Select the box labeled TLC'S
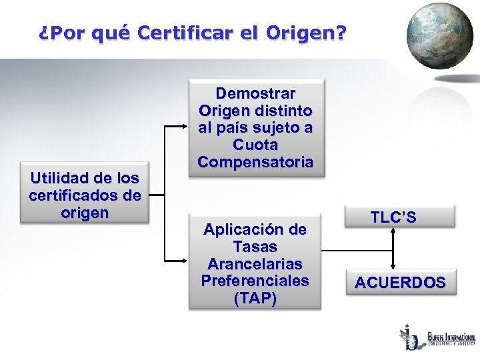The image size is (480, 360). click(393, 217)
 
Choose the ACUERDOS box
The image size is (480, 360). click(400, 283)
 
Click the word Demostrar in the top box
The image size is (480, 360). click(255, 93)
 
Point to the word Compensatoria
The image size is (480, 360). click(255, 162)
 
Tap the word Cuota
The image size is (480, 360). click(255, 145)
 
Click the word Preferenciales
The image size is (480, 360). click(255, 281)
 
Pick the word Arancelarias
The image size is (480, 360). click(255, 263)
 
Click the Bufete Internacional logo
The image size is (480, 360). click(436, 338)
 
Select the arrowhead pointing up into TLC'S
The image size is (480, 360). click(394, 231)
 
